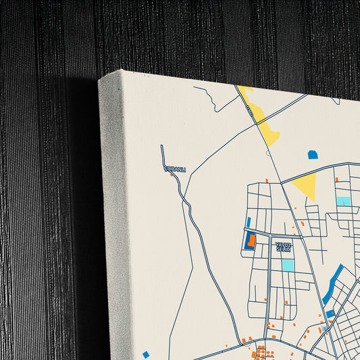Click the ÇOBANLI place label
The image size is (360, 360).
coord(174,169)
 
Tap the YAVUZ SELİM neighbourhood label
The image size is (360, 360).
coord(282,246)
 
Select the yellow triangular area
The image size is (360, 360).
coord(307,184)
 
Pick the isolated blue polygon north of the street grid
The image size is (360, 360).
coord(312,155)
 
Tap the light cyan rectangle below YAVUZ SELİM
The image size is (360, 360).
coord(288,265)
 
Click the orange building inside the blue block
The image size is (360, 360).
coord(251,240)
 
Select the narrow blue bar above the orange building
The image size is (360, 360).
coord(249,222)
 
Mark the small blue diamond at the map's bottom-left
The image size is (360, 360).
coord(146,354)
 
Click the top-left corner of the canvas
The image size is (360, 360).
coord(100,80)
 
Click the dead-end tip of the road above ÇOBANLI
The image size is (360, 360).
coord(161,146)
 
